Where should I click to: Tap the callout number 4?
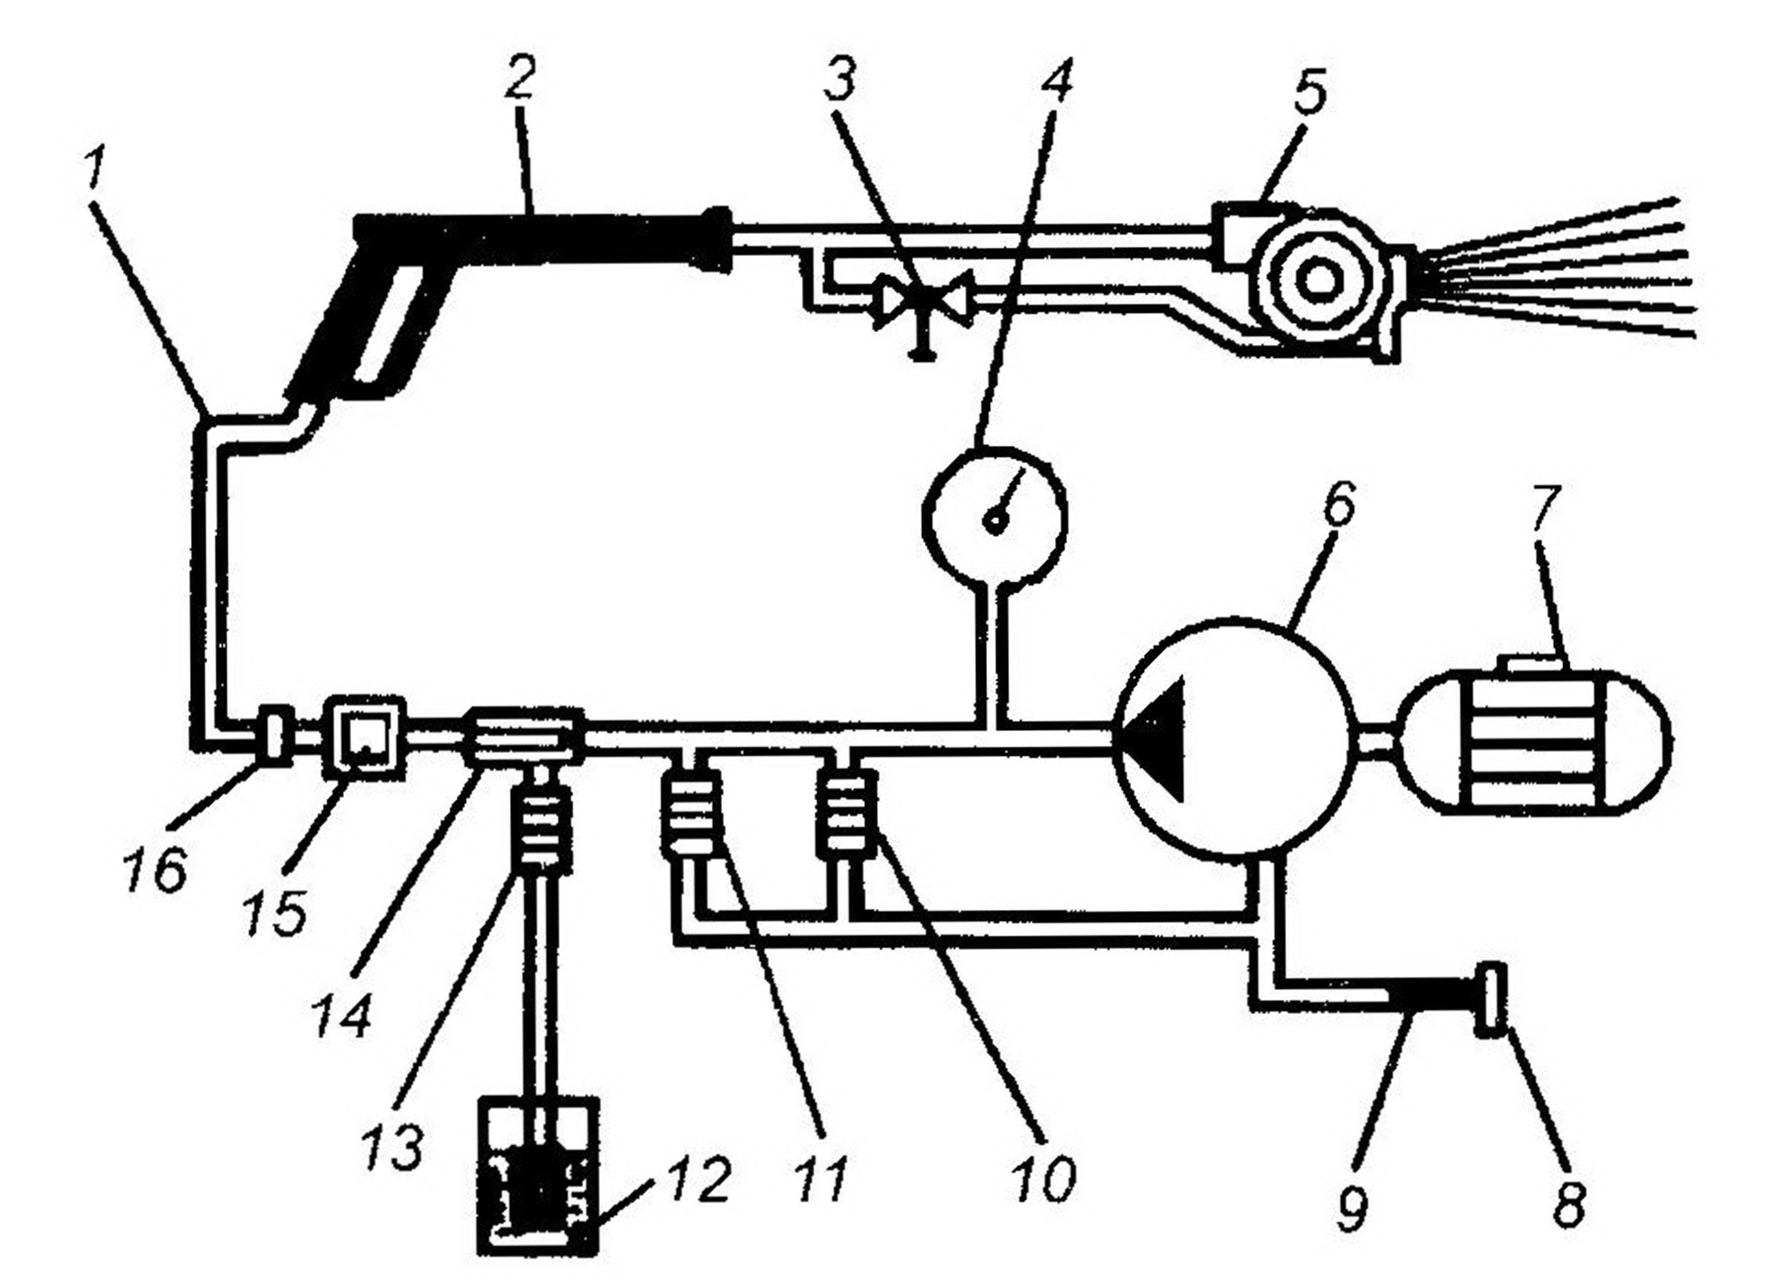(1056, 78)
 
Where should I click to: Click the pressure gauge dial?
(994, 517)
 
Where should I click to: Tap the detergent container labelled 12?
(539, 1175)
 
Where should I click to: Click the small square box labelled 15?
(365, 738)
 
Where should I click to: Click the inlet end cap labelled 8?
(1491, 1000)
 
